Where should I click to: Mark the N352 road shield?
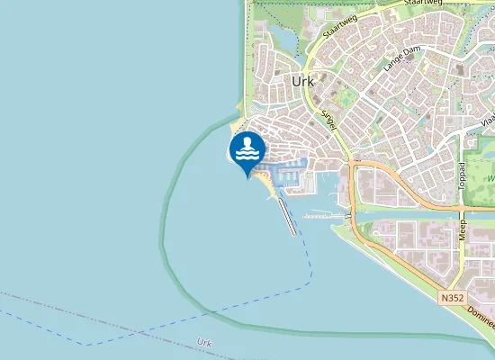pos(454,296)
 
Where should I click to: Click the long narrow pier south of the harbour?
pos(286,217)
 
